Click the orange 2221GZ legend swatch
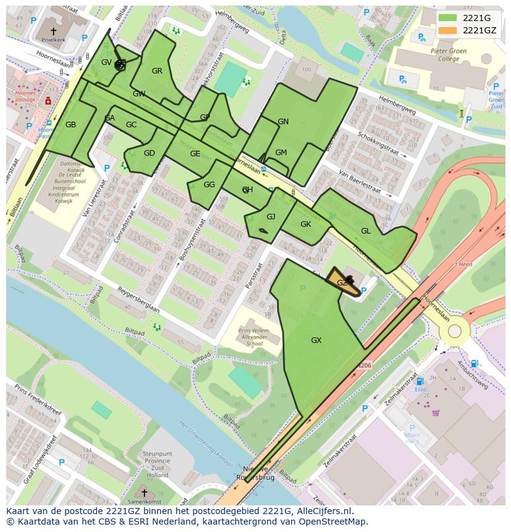(449, 30)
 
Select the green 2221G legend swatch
(449, 18)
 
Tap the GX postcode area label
(316, 340)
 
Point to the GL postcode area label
(366, 230)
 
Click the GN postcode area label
(283, 122)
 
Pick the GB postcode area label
(71, 125)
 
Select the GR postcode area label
(157, 71)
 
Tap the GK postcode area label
(305, 224)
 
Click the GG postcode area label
(209, 185)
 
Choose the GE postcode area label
(195, 154)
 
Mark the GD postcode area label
(149, 153)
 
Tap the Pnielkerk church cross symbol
(53, 30)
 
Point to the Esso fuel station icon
(420, 382)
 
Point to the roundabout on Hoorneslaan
(455, 331)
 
